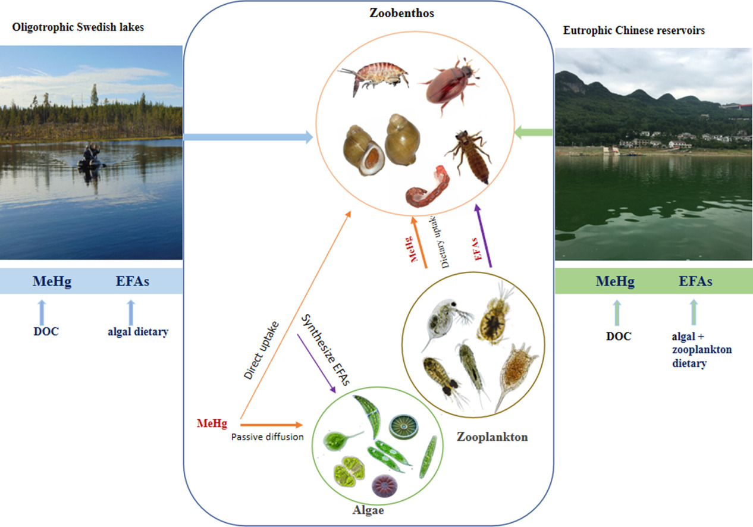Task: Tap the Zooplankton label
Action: [x=492, y=437]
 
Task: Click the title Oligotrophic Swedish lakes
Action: [x=77, y=27]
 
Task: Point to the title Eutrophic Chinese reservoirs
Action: [x=634, y=30]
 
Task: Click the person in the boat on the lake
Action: [x=91, y=156]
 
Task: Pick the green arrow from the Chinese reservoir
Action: [x=534, y=132]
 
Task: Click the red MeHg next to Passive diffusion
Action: [x=212, y=424]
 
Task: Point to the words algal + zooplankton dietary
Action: [x=698, y=350]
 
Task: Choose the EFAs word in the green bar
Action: [x=696, y=281]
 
